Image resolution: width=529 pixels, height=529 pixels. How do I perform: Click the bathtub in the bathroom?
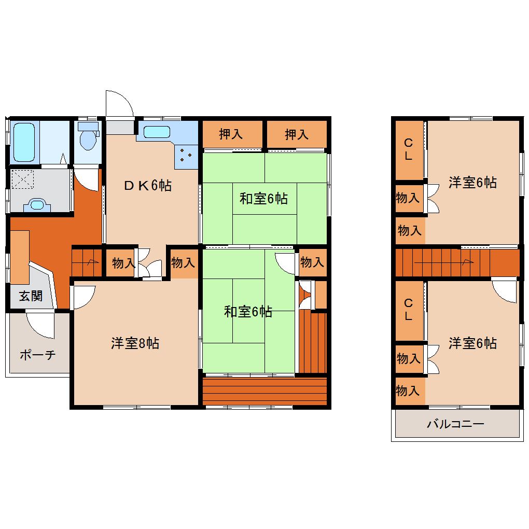coord(24,143)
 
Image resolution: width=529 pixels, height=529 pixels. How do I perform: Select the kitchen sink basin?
coord(157,132)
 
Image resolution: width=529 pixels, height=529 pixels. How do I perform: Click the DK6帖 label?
coord(148,185)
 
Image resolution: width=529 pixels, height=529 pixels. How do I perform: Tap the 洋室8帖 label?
coord(135,343)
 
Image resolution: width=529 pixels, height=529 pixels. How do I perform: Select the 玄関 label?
coord(31,296)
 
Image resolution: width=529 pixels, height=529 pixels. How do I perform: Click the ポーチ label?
coord(37,355)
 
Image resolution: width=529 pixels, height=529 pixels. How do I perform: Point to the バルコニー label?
coord(455,424)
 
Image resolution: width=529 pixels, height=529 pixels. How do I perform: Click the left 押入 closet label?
coord(231,134)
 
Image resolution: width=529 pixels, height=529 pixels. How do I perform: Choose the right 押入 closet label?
coord(297,134)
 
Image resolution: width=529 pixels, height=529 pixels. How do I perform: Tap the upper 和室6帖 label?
coord(263,198)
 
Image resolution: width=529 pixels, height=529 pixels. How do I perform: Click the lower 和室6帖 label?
coord(248,311)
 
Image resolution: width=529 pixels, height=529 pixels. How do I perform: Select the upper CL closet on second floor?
coord(409,150)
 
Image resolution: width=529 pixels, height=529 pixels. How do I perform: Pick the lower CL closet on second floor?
coord(409,310)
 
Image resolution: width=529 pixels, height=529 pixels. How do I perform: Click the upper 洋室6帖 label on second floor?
coord(472,183)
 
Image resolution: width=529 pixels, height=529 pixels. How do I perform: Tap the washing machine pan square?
coord(23,179)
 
